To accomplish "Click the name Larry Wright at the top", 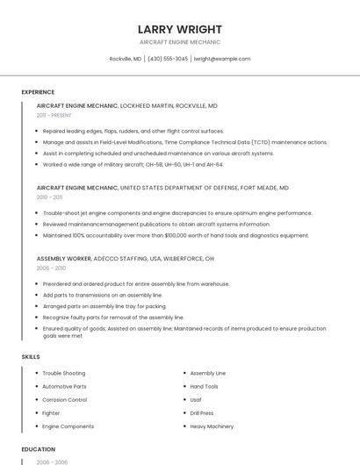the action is [x=180, y=29].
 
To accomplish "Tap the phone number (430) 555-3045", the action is [x=168, y=59].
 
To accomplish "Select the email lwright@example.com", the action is [x=222, y=59].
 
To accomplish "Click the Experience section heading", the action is [x=38, y=92].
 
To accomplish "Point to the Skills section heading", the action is [x=31, y=357].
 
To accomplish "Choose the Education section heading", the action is [x=37, y=449].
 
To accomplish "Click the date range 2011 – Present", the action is [x=54, y=115].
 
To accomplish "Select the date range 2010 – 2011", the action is [x=49, y=197].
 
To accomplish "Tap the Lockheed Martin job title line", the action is [x=127, y=105].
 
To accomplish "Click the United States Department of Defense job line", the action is [x=162, y=188].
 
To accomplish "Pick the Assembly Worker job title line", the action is [x=125, y=259].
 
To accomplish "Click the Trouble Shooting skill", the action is [x=64, y=373].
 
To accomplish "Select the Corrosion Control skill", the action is [x=65, y=399].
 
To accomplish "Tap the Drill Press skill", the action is [x=202, y=412].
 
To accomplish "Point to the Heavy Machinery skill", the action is [x=212, y=426].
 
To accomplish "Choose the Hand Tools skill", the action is [x=205, y=386].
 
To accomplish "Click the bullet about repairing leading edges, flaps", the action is [x=133, y=131].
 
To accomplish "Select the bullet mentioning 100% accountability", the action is [x=176, y=235].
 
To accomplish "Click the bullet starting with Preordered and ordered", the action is [x=136, y=284].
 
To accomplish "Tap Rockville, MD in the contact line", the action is [x=126, y=59].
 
